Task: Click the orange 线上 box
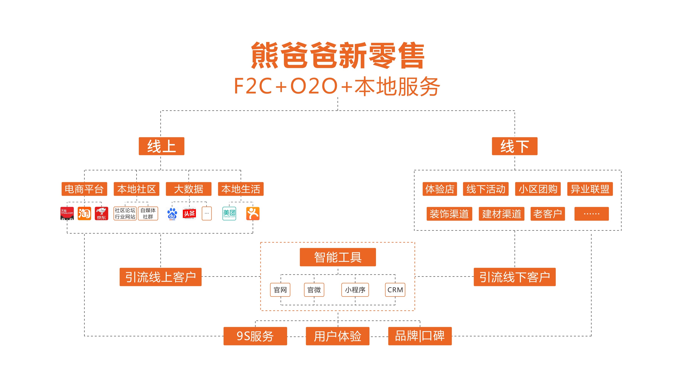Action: pyautogui.click(x=161, y=146)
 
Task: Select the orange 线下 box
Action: pyautogui.click(x=514, y=146)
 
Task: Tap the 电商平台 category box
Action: pyautogui.click(x=84, y=189)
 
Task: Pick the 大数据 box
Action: pyautogui.click(x=188, y=189)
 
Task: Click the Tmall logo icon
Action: pyautogui.click(x=67, y=213)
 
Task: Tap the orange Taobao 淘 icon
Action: pyautogui.click(x=84, y=213)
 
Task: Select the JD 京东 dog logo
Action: pyautogui.click(x=101, y=213)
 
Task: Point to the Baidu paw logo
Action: pyautogui.click(x=172, y=214)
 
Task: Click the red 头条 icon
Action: pyautogui.click(x=189, y=213)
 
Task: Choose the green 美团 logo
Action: pyautogui.click(x=229, y=213)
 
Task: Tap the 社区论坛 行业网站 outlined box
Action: pyautogui.click(x=125, y=213)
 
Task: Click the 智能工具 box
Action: pyautogui.click(x=338, y=257)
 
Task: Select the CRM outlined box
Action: pyautogui.click(x=395, y=290)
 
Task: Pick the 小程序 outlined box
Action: pyautogui.click(x=355, y=290)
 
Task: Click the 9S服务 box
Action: pyautogui.click(x=255, y=336)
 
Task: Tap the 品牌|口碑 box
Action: pyautogui.click(x=420, y=336)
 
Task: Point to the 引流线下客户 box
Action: pyautogui.click(x=514, y=277)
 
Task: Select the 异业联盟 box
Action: pyautogui.click(x=590, y=189)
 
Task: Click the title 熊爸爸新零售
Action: pyautogui.click(x=338, y=55)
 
